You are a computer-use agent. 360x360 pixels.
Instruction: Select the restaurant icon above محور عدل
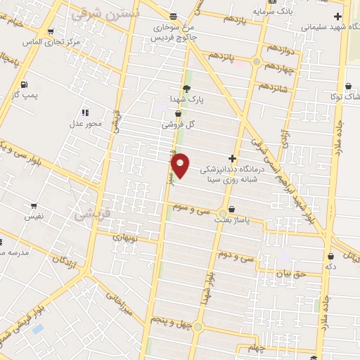click(x=86, y=112)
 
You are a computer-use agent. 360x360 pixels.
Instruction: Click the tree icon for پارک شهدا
click(x=186, y=89)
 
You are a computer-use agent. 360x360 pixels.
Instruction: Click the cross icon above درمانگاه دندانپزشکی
click(x=233, y=159)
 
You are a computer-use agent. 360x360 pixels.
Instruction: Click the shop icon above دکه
click(x=330, y=257)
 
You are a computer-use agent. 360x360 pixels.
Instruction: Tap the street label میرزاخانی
click(x=120, y=302)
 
